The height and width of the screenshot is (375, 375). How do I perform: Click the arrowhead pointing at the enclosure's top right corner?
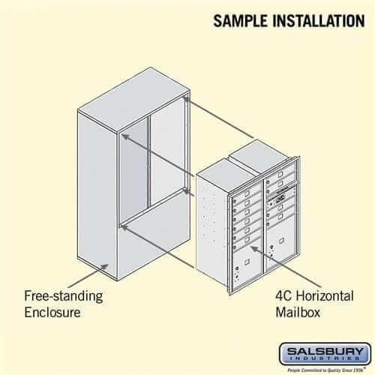point(184,97)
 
